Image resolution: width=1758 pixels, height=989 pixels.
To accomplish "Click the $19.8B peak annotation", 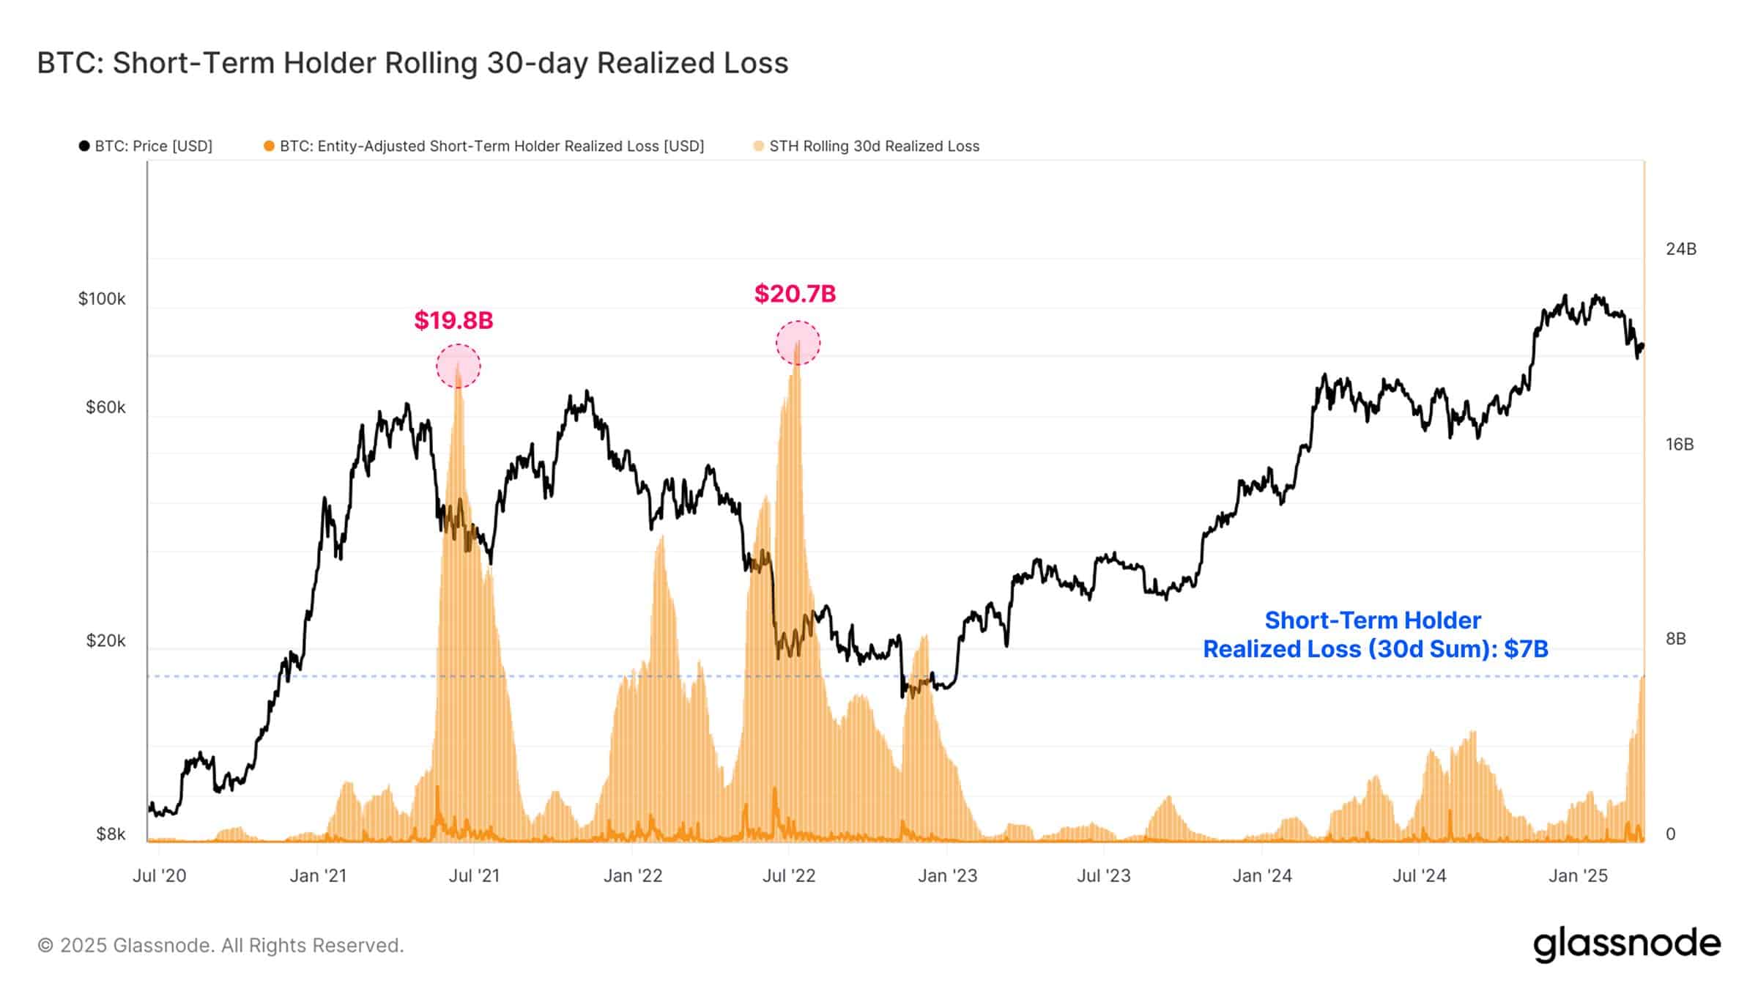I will click(453, 320).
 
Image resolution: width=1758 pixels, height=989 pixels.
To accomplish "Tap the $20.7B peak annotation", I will click(795, 294).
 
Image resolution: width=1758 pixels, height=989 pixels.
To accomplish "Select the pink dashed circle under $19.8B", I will click(459, 366).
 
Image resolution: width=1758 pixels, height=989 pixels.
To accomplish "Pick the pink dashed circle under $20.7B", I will click(798, 343).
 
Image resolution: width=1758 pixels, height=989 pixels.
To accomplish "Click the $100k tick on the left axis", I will click(102, 299).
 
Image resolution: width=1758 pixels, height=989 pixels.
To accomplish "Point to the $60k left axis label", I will click(105, 407).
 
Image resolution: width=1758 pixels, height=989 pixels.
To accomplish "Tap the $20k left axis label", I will click(105, 641).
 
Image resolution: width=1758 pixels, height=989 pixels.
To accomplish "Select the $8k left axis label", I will click(110, 834).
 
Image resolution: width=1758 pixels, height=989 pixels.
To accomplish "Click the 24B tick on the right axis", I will click(1680, 249).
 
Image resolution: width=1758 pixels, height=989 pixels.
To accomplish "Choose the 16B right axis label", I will click(1679, 445).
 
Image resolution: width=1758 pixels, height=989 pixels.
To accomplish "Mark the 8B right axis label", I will click(1675, 639).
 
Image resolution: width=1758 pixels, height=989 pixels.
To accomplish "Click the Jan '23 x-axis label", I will click(947, 875).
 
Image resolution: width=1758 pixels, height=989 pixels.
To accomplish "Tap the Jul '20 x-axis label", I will click(159, 875).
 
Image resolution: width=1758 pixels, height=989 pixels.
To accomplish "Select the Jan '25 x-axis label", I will click(1578, 875).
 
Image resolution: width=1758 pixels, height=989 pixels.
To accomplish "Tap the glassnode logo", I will click(1626, 944).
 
